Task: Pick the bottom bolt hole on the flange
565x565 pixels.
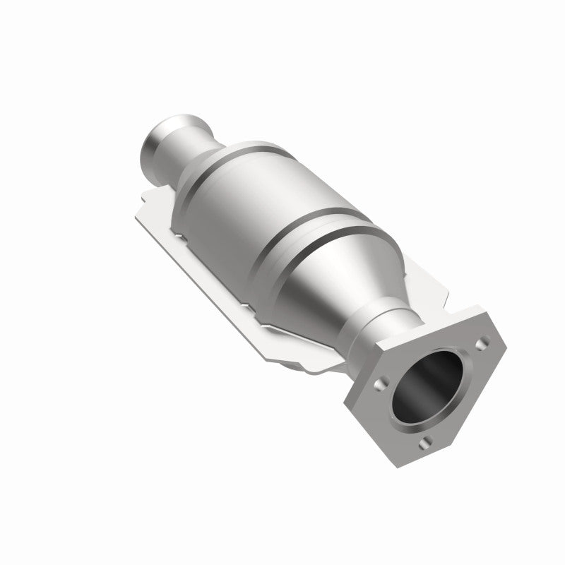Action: click(425, 443)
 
